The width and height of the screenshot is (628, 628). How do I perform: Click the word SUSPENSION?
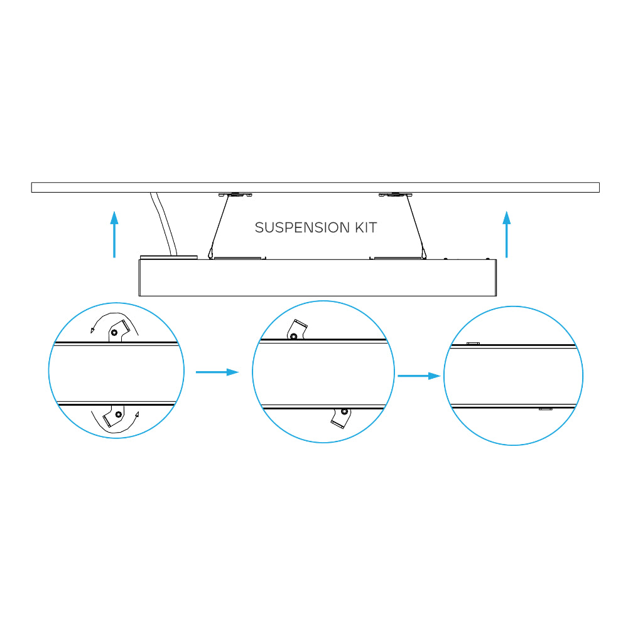click(x=303, y=227)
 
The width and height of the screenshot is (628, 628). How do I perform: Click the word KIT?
click(x=365, y=227)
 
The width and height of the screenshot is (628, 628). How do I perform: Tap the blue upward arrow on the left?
click(x=114, y=234)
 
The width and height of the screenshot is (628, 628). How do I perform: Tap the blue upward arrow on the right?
click(x=507, y=234)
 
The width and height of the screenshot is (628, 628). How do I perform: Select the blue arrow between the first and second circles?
click(x=217, y=372)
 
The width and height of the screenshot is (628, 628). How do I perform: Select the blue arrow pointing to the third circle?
click(x=419, y=376)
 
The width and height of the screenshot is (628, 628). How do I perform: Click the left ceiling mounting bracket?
click(x=235, y=195)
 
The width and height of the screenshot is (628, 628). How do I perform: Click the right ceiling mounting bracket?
click(x=396, y=195)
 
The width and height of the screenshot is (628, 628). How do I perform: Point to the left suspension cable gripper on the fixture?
click(x=210, y=254)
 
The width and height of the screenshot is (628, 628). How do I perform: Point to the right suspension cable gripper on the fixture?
click(x=424, y=254)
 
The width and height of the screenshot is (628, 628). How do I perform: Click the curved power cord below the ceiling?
click(x=164, y=224)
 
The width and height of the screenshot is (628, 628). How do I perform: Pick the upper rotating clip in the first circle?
click(x=119, y=331)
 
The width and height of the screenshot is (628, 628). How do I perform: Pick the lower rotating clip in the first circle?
click(x=114, y=416)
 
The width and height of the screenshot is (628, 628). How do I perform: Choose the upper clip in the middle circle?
click(x=297, y=330)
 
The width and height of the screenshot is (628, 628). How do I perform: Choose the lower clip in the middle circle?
click(x=341, y=418)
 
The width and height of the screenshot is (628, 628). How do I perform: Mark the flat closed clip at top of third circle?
click(x=473, y=344)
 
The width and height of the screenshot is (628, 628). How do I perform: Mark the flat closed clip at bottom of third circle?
click(x=546, y=409)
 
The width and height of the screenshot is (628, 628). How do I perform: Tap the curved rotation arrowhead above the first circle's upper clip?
click(x=92, y=330)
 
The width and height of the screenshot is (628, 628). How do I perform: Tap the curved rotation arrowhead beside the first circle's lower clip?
click(x=137, y=414)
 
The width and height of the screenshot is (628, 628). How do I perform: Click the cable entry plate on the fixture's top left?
click(x=168, y=257)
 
